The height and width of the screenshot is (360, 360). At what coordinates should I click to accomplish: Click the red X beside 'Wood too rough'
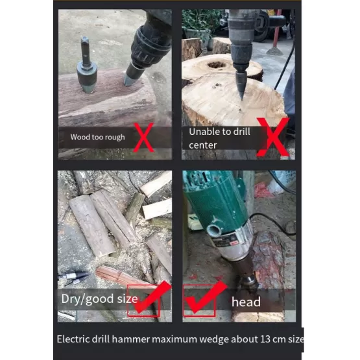143,138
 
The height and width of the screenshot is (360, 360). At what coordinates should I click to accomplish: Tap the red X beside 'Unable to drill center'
273,138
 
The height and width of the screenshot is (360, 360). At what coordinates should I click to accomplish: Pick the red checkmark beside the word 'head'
205,297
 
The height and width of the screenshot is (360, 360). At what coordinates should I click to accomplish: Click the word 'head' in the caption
246,302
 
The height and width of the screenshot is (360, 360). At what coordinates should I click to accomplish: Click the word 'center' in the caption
203,145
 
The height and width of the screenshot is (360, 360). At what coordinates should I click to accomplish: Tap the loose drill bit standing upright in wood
86,66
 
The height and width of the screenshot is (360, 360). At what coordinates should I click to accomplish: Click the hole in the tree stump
217,65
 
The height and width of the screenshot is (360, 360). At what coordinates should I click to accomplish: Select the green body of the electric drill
218,202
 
